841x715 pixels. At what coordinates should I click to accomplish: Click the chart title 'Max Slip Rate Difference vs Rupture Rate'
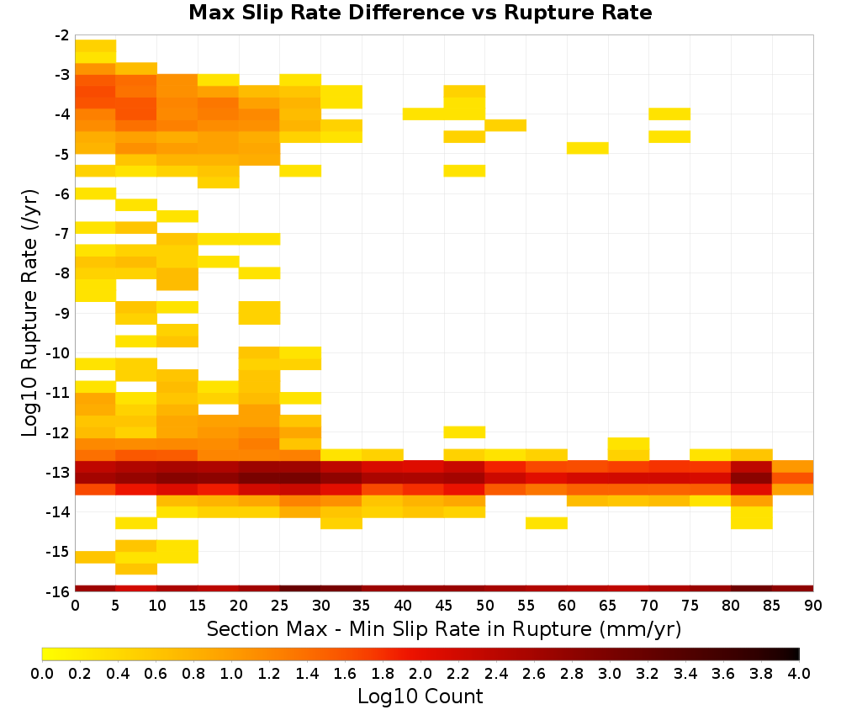420,13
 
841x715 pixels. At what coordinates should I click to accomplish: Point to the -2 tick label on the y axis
61,35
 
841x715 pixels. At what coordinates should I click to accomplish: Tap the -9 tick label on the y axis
61,313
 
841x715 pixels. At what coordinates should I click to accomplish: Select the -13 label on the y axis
59,473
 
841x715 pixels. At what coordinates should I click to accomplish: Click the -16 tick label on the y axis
59,591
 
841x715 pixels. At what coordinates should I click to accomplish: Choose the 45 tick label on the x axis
444,606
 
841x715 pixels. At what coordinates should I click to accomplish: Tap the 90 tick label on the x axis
813,606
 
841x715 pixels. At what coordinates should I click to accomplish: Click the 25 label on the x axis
280,606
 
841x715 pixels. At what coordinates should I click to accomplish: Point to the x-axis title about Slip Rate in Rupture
444,629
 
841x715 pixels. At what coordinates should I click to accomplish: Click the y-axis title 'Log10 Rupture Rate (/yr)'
29,313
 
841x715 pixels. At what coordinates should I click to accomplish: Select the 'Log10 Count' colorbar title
420,696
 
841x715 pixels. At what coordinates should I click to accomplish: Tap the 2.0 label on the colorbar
420,673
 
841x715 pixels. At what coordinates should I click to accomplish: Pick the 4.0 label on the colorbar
799,673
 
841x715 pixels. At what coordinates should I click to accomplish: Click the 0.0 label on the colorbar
42,673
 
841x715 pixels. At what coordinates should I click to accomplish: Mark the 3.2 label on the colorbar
648,673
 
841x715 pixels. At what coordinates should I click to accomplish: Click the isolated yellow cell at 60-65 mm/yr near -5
587,148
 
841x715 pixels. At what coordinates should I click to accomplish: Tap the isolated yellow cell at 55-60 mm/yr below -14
547,523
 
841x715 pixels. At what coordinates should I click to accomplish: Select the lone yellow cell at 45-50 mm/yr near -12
464,432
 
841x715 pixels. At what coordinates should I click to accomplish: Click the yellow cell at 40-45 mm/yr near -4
424,114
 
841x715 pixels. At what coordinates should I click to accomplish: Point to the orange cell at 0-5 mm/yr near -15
96,558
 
